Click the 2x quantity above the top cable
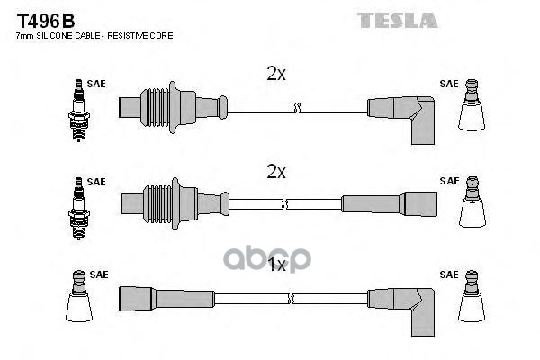point(276,76)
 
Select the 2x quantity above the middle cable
point(276,171)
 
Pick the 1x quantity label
point(276,265)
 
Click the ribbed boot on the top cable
point(159,107)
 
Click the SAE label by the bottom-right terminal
point(448,275)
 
